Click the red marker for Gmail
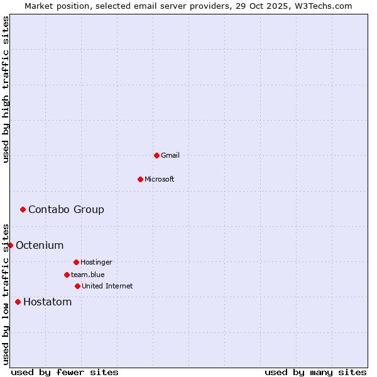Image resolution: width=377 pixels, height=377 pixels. click(x=156, y=155)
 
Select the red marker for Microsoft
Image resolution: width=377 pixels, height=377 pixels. click(x=140, y=179)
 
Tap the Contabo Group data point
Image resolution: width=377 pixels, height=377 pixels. click(x=23, y=209)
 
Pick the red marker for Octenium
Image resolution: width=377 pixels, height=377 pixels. click(x=10, y=245)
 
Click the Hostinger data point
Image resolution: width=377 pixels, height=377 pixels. click(x=76, y=262)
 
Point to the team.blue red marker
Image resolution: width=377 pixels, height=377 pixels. click(x=67, y=275)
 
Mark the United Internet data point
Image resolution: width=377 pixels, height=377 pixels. click(x=77, y=286)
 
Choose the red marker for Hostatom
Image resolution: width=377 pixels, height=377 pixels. click(x=18, y=302)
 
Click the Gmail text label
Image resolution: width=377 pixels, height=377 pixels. click(x=170, y=155)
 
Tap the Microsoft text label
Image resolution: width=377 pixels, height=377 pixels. click(x=160, y=179)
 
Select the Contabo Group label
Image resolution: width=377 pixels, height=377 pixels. click(x=66, y=209)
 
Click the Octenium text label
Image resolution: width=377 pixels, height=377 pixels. click(x=40, y=245)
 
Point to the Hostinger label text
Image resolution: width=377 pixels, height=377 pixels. click(x=96, y=262)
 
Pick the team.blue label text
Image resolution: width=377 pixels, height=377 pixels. click(x=88, y=275)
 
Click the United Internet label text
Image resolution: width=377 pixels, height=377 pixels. click(x=107, y=286)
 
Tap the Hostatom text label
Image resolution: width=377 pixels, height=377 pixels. click(x=47, y=302)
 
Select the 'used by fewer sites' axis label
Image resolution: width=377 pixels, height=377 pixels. click(x=65, y=372)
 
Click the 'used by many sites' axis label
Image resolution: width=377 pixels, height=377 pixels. click(x=315, y=372)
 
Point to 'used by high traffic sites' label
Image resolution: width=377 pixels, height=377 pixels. click(x=6, y=89)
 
